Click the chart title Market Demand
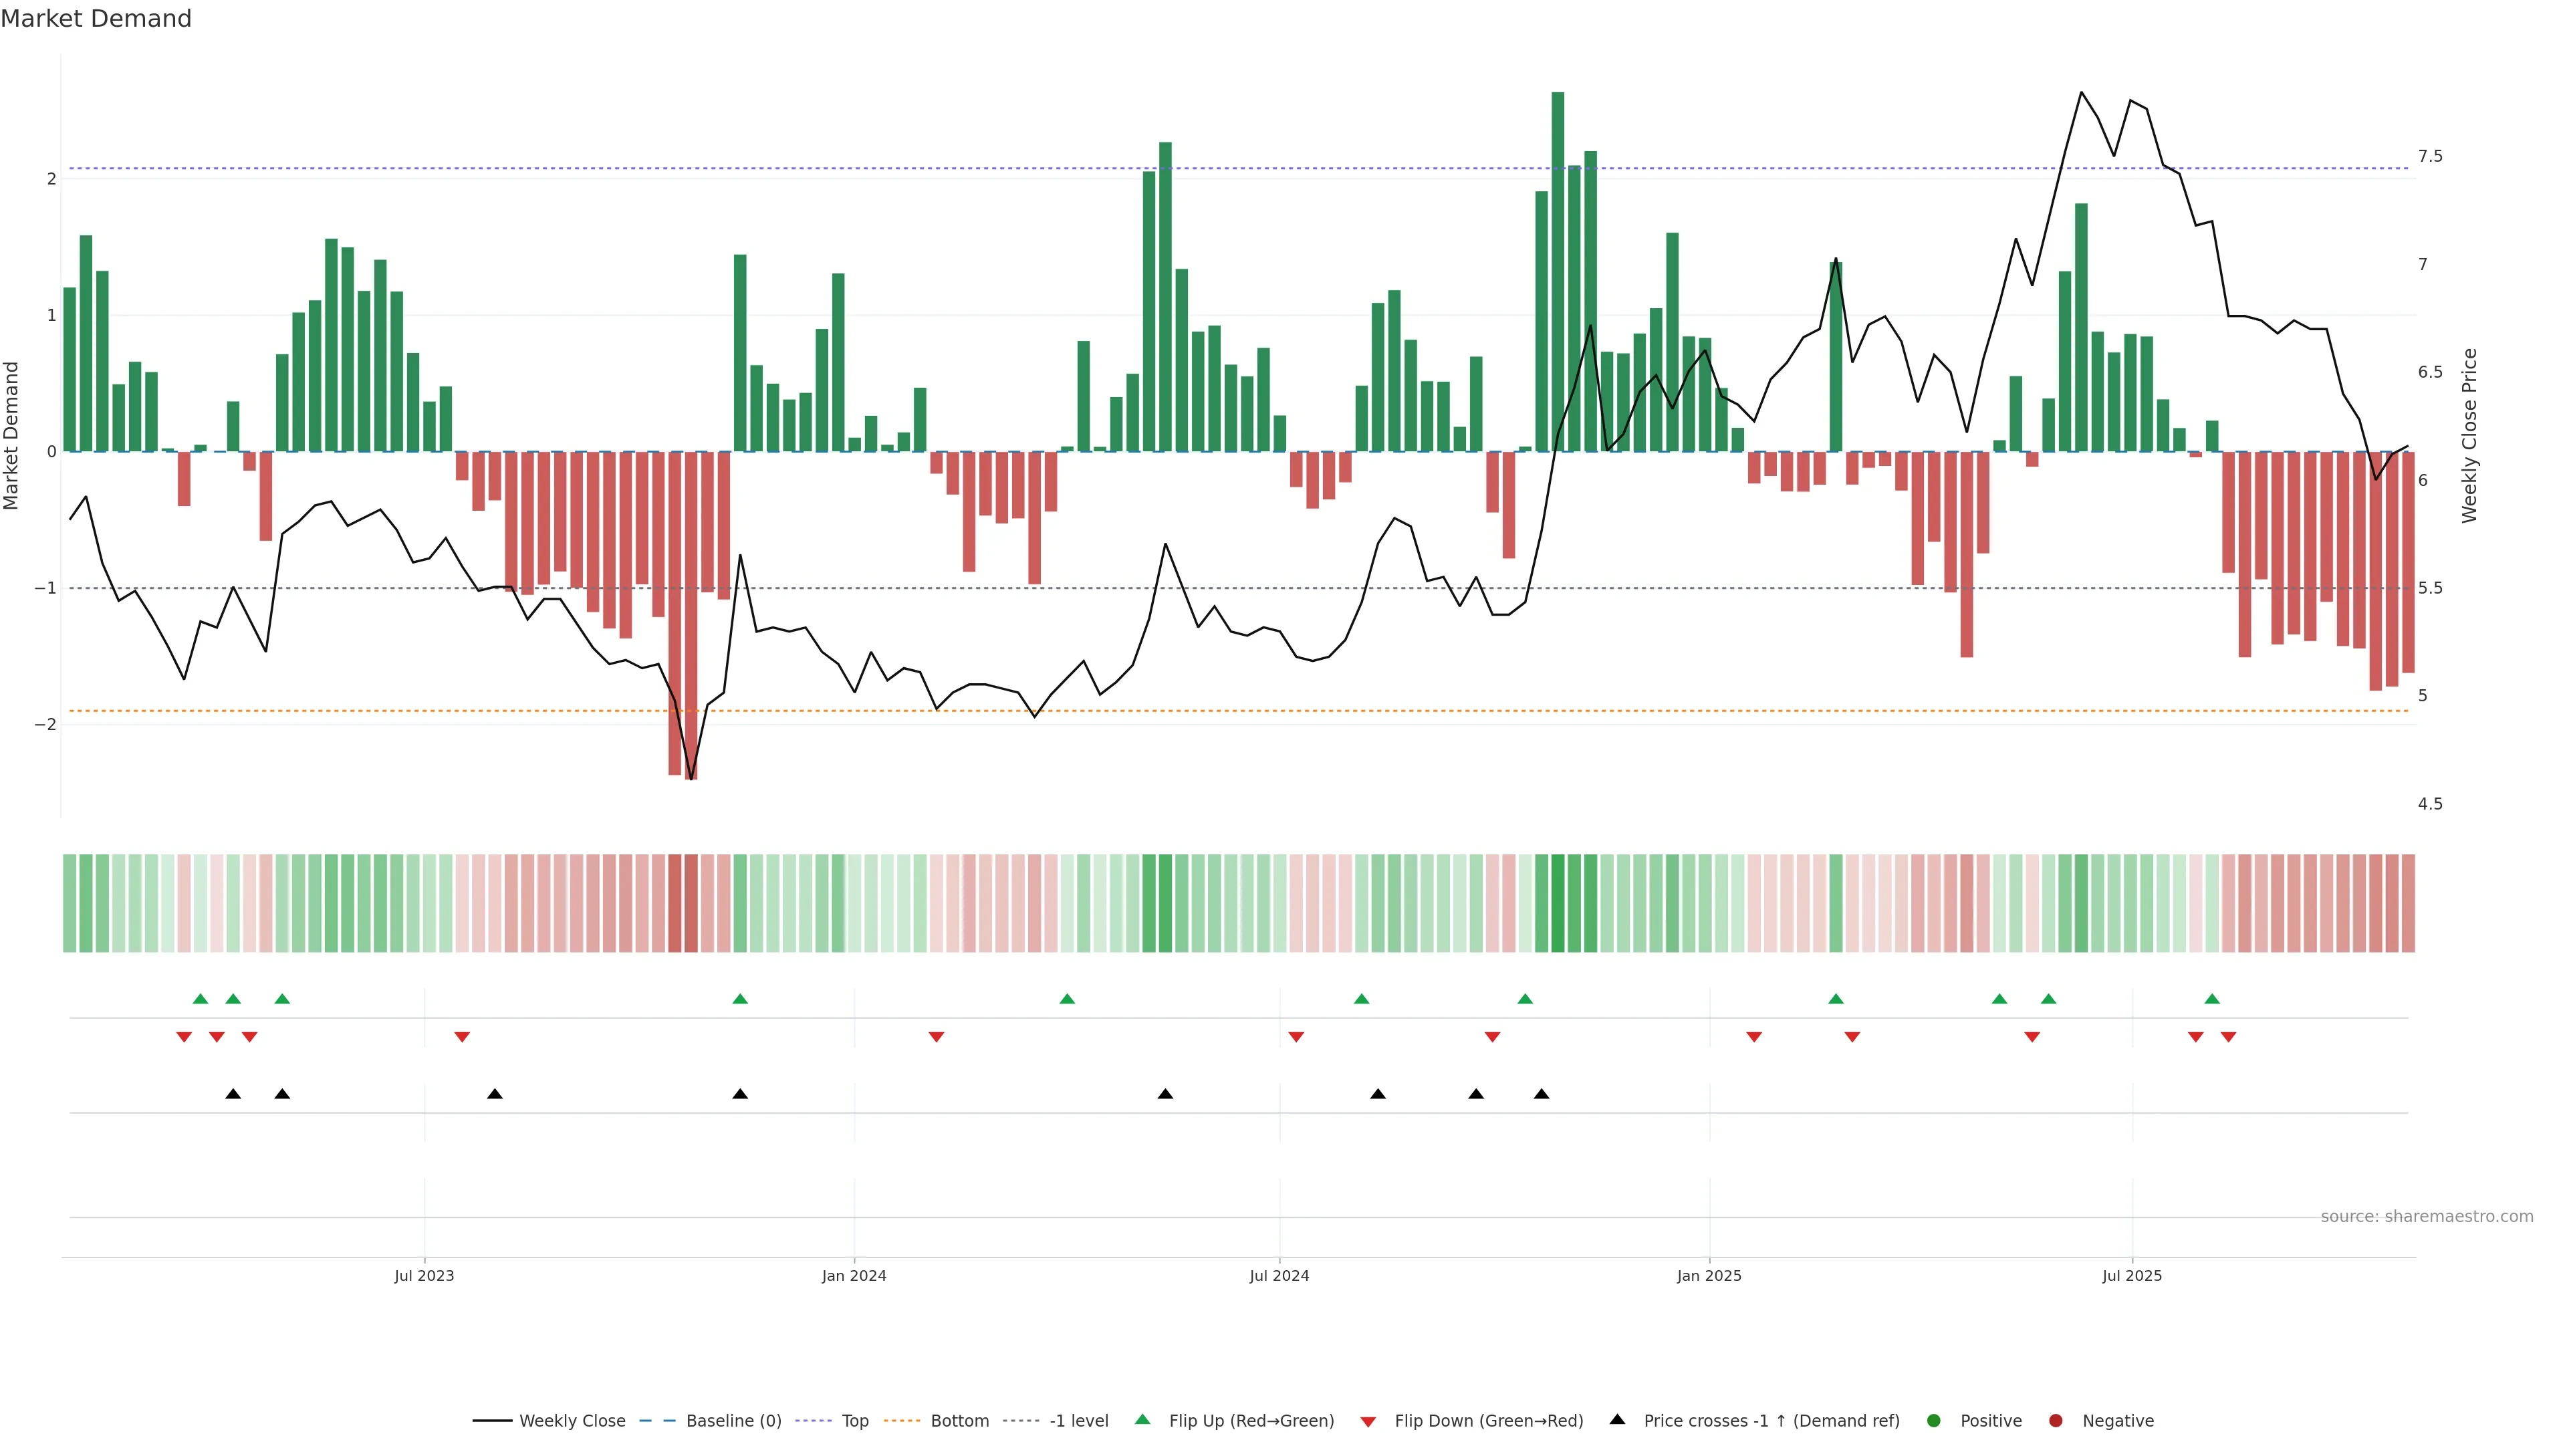[96, 19]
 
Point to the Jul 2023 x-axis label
[424, 1276]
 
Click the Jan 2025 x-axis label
[1709, 1276]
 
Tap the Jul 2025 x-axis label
[2132, 1276]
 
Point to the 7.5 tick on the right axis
[2429, 156]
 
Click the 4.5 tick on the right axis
[2429, 804]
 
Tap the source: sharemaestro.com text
[2427, 1217]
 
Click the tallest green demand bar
[1558, 271]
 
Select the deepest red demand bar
[691, 615]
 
